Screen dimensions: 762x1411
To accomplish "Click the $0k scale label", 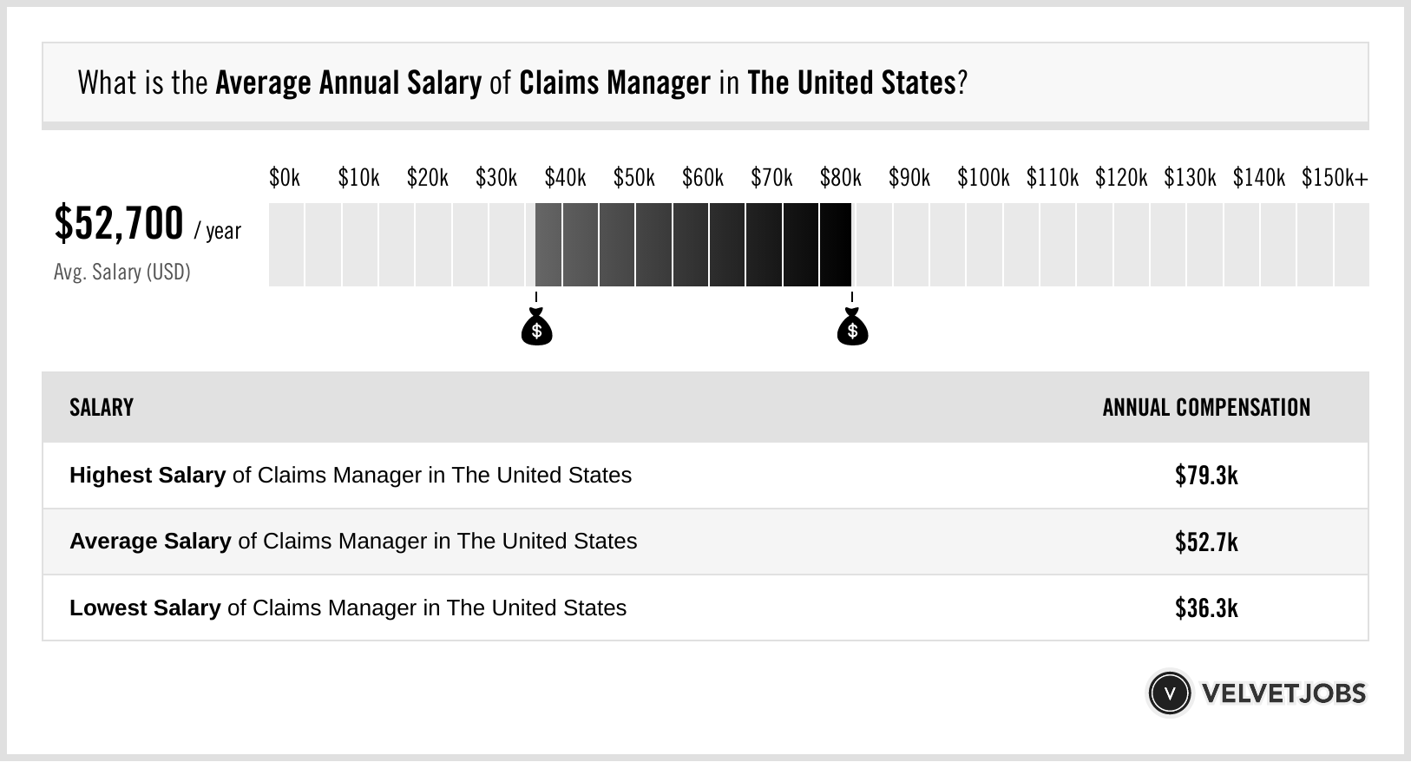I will [x=285, y=178].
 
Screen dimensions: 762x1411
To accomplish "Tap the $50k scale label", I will [x=634, y=178].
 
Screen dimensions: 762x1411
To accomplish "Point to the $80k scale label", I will [x=841, y=178].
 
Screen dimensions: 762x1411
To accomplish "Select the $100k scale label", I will [x=983, y=178].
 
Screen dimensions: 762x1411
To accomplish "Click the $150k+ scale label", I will [x=1335, y=178].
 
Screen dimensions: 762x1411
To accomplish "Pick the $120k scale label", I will [x=1121, y=178].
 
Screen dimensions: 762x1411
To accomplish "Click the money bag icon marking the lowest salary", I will [x=536, y=327].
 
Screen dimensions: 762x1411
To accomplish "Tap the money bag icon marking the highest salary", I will [x=852, y=327].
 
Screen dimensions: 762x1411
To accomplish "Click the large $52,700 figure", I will [x=119, y=224].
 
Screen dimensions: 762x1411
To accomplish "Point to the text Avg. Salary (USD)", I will [x=122, y=273].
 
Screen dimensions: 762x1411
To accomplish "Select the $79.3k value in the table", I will [x=1206, y=476].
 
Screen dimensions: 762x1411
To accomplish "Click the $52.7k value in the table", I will [x=1206, y=542].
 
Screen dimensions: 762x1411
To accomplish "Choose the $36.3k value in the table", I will [x=1206, y=608].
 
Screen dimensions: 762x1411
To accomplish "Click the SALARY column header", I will [x=102, y=408].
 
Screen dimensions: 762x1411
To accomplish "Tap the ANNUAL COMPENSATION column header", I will [x=1206, y=408].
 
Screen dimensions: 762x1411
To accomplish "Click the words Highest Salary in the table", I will [x=148, y=476].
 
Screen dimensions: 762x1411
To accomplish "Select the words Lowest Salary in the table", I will [x=145, y=608].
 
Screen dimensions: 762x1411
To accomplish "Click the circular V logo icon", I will [x=1169, y=693].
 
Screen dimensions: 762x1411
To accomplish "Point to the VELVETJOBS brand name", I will [x=1283, y=693].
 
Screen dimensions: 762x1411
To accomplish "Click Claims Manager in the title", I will [x=614, y=83].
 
